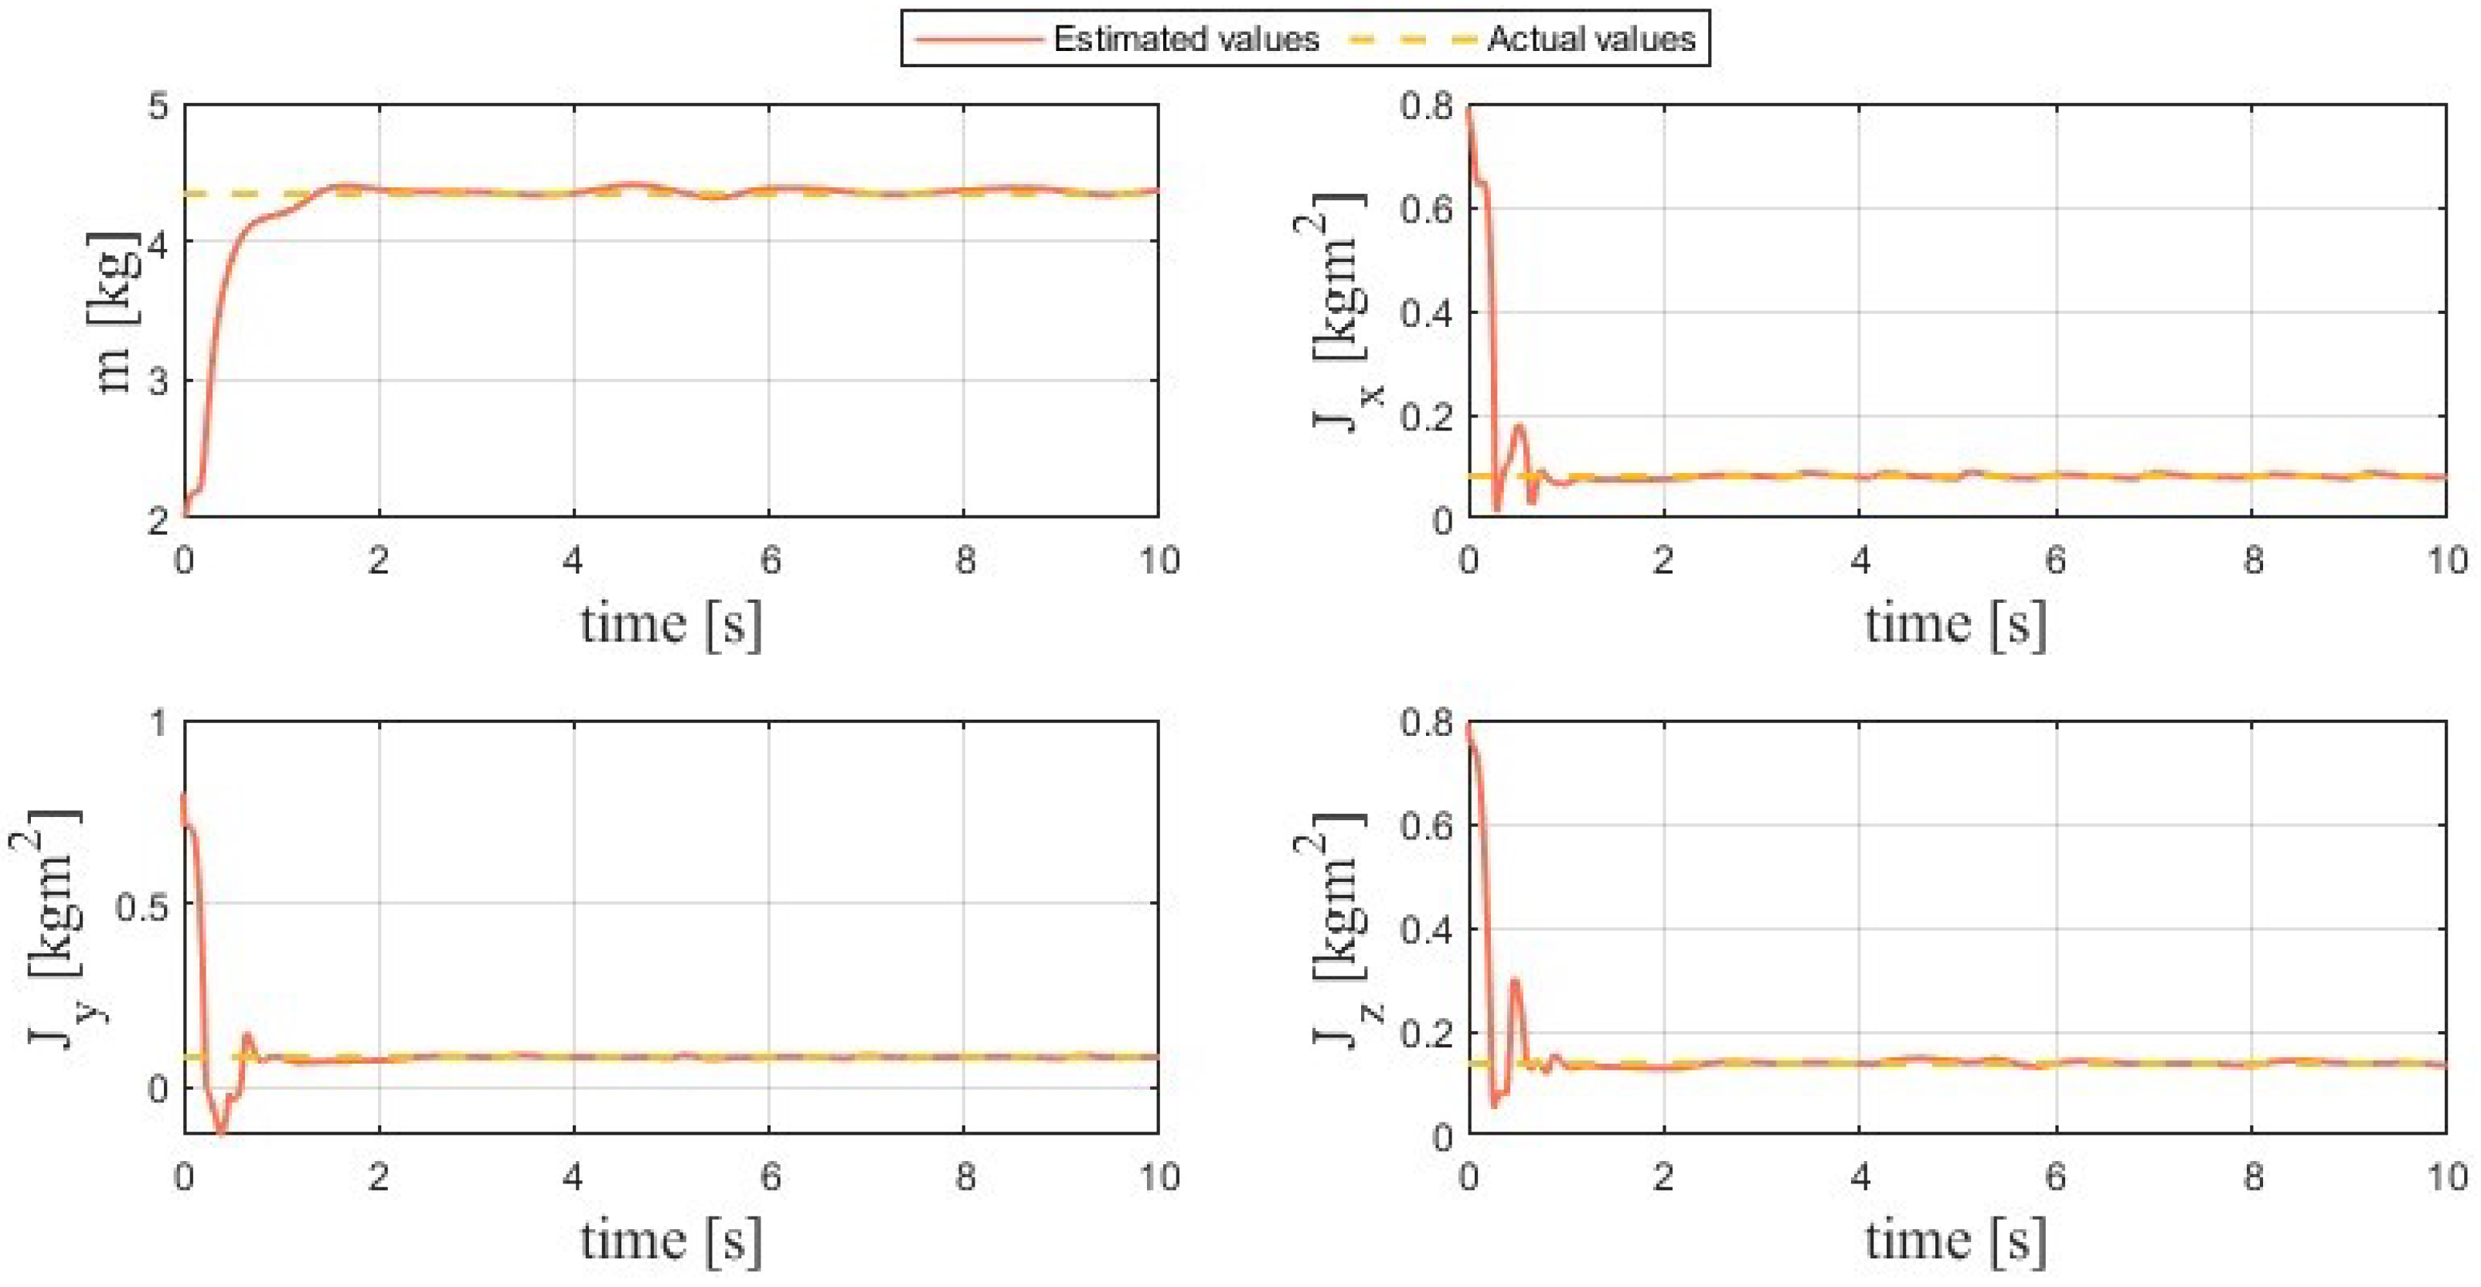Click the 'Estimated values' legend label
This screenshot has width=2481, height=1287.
pos(1186,39)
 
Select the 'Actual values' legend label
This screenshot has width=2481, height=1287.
pos(1591,39)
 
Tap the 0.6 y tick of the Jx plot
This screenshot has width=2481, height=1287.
pos(1427,209)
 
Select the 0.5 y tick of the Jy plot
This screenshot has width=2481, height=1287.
pos(141,904)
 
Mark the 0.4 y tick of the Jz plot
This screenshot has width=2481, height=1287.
pos(1427,930)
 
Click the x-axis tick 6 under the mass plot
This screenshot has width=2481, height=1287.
pos(770,560)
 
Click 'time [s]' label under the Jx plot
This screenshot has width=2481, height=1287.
pos(1955,625)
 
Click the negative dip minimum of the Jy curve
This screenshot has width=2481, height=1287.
pos(223,1133)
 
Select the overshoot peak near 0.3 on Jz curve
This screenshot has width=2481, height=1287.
pos(1515,981)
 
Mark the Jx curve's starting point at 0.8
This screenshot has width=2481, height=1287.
pos(1469,108)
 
